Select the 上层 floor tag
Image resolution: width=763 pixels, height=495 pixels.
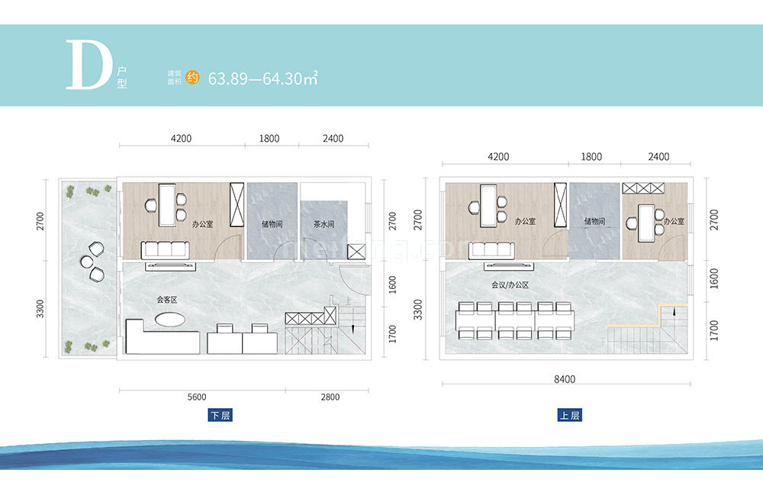point(569,416)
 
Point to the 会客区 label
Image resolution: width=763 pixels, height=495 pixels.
point(167,301)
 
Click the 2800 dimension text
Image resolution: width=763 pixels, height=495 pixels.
point(330,397)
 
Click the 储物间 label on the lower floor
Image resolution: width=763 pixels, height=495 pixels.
point(272,226)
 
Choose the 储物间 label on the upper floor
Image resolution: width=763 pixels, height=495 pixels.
point(594,222)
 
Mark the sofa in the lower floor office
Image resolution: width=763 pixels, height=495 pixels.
point(166,249)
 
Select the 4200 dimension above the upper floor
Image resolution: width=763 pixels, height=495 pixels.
point(498,157)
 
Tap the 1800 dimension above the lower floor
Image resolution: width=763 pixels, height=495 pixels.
point(269,139)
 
